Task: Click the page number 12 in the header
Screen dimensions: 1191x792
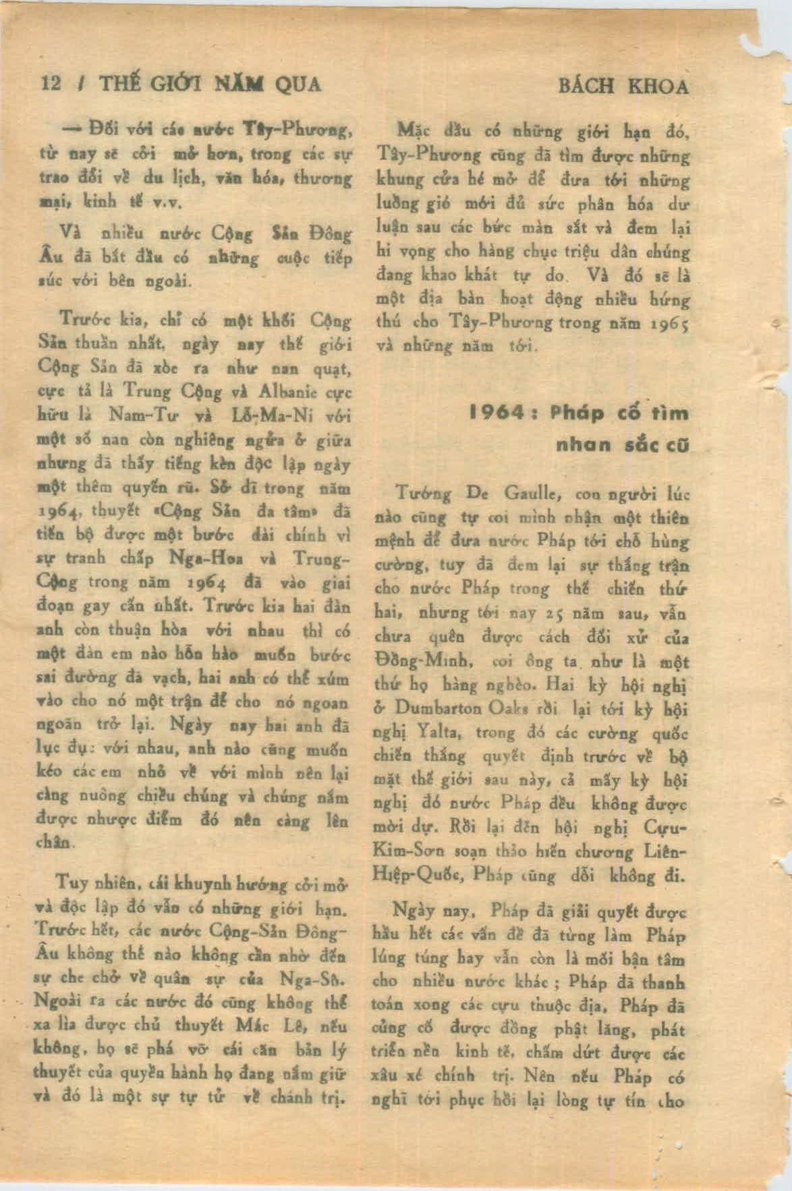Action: point(51,84)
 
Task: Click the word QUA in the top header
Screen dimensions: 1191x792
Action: point(293,84)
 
